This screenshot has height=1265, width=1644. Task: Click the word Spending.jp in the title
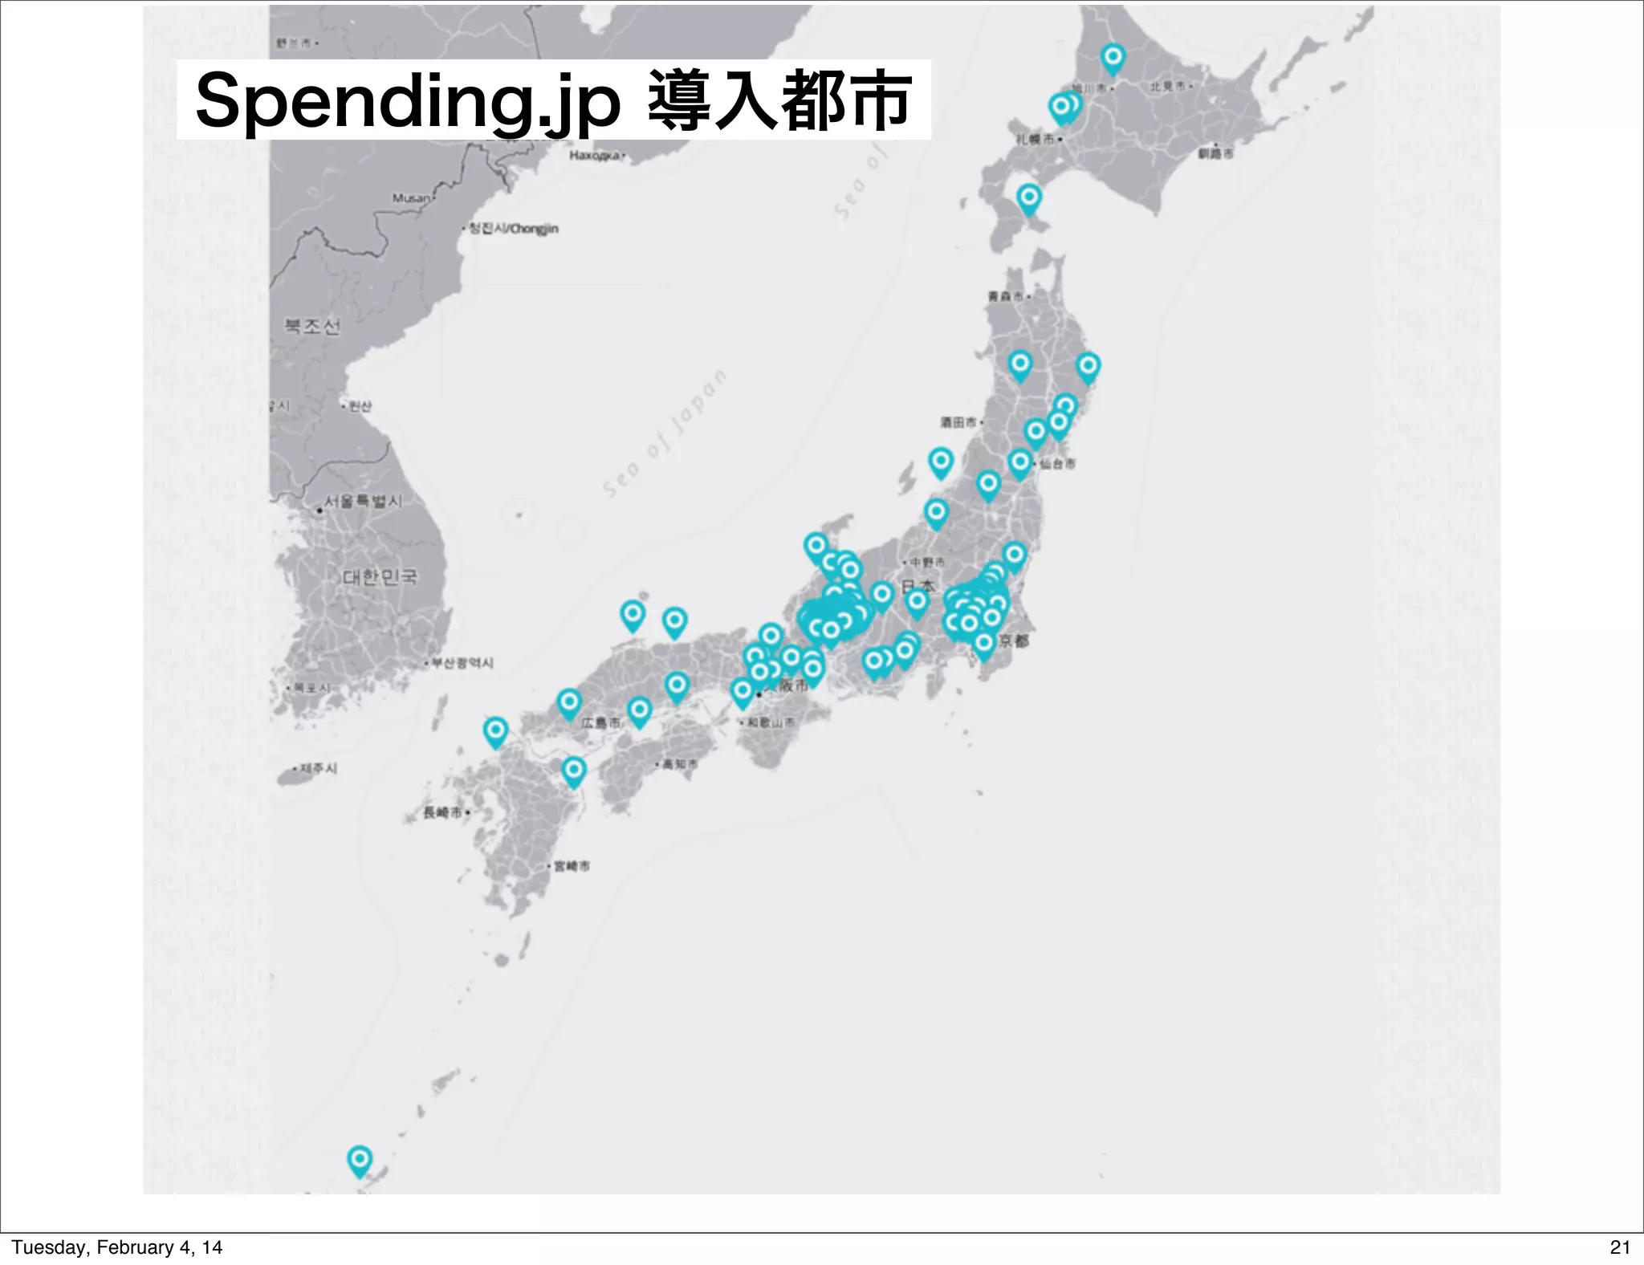click(408, 101)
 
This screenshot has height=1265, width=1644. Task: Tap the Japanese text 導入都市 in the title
click(778, 101)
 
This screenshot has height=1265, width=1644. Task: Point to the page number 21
click(1620, 1247)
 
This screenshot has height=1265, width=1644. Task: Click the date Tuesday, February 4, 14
click(117, 1247)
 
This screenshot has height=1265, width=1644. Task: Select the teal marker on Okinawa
click(359, 1160)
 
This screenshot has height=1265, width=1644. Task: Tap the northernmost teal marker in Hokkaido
click(1113, 57)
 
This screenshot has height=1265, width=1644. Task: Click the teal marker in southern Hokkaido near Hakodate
click(1029, 197)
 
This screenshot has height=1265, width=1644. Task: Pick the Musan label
click(411, 198)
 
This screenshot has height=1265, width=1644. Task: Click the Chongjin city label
click(514, 229)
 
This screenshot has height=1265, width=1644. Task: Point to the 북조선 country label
click(312, 326)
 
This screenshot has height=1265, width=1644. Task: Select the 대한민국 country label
click(380, 576)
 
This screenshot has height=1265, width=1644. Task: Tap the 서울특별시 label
click(364, 502)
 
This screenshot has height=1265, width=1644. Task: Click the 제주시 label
click(319, 768)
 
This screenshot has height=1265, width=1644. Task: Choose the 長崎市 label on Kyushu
click(443, 812)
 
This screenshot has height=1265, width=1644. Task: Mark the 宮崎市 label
click(572, 866)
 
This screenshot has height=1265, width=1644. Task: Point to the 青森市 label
click(1006, 296)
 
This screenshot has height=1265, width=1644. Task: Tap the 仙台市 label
click(1057, 464)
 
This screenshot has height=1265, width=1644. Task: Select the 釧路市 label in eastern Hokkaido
click(1216, 153)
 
